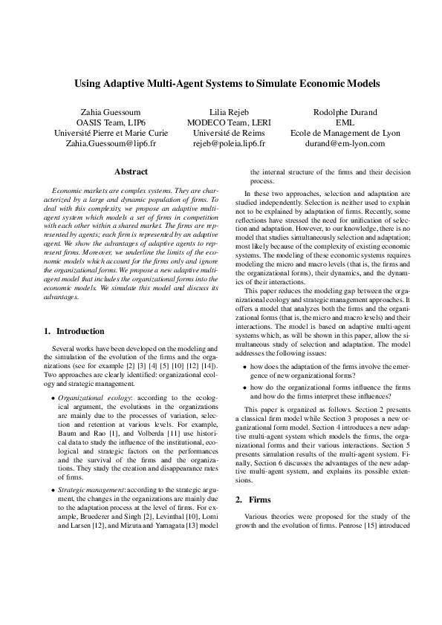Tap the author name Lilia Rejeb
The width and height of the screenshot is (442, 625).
click(218, 111)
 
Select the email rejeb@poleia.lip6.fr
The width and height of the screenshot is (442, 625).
click(218, 143)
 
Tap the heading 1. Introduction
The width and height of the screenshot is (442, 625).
click(75, 330)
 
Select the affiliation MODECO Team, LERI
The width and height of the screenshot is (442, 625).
click(218, 122)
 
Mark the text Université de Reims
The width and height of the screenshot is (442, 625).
click(218, 133)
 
